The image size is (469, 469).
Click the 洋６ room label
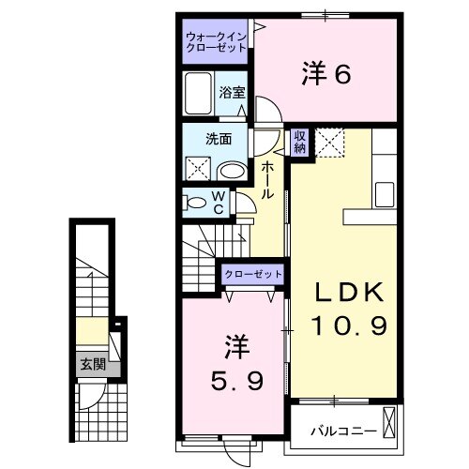325,72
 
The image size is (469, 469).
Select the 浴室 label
232,92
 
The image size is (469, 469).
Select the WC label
217,202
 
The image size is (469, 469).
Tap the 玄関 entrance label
92,364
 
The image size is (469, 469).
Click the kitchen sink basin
386,195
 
